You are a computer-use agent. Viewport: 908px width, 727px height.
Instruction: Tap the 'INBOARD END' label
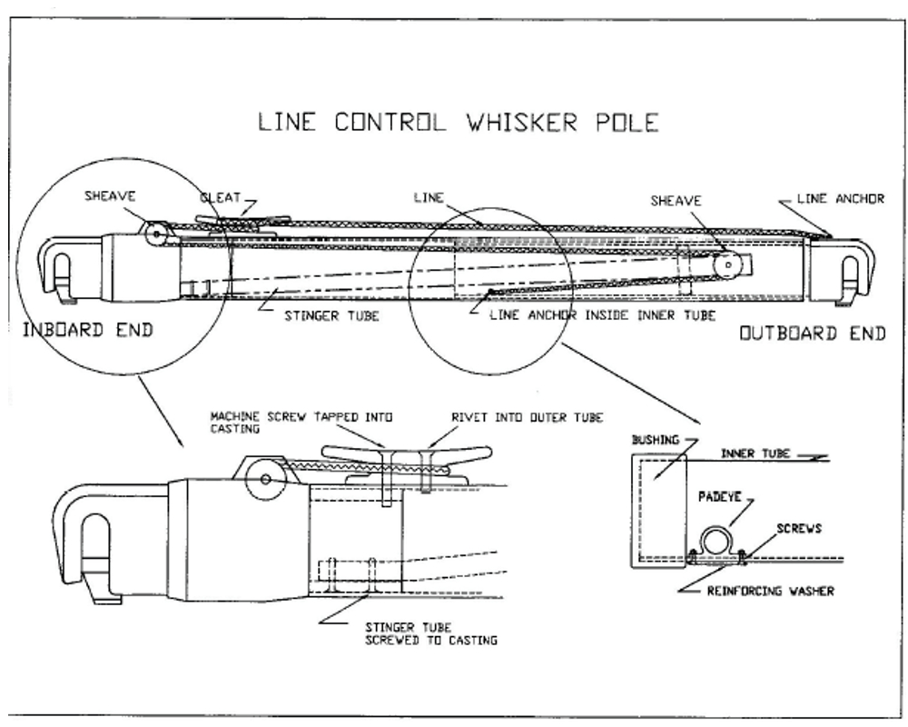[x=87, y=332]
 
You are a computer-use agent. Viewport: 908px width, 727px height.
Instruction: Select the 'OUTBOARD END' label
[x=811, y=334]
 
